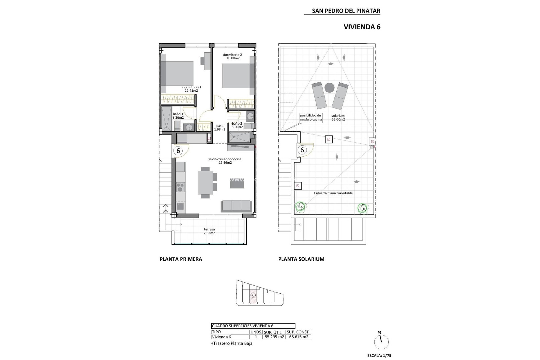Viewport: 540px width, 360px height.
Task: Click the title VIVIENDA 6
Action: point(362,27)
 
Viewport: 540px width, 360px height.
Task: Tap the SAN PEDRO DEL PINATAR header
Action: point(346,11)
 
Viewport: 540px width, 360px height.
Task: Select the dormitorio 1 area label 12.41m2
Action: point(192,91)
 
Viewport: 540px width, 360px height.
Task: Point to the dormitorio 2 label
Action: point(232,55)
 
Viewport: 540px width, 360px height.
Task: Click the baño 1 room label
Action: point(178,114)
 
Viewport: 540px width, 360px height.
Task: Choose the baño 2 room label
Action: point(237,123)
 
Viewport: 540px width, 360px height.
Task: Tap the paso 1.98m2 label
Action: point(220,128)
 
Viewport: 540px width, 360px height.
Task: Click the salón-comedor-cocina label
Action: point(225,159)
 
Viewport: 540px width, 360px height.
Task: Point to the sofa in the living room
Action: point(236,206)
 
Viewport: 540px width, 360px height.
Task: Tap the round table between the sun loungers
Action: point(329,88)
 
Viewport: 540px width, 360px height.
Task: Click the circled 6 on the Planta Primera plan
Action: point(178,150)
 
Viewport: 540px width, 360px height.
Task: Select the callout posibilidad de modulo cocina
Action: point(310,117)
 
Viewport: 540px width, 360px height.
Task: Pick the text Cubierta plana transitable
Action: point(333,193)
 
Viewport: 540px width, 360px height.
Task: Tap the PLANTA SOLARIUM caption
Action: point(301,259)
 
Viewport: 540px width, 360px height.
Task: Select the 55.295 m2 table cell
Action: point(274,337)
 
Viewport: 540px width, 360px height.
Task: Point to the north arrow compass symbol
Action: point(381,342)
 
